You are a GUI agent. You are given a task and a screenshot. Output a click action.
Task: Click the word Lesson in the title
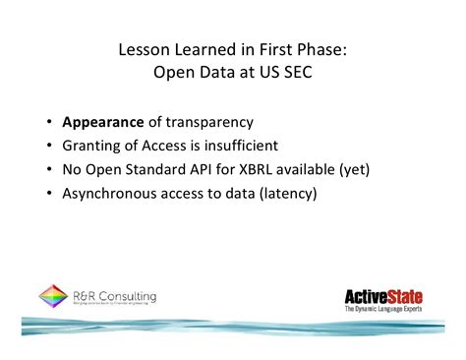pyautogui.click(x=140, y=48)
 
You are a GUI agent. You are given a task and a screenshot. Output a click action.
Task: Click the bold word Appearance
pyautogui.click(x=102, y=123)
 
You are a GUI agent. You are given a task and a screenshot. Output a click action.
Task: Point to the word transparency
pyautogui.click(x=210, y=123)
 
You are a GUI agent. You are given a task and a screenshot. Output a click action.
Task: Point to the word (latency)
pyautogui.click(x=284, y=194)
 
